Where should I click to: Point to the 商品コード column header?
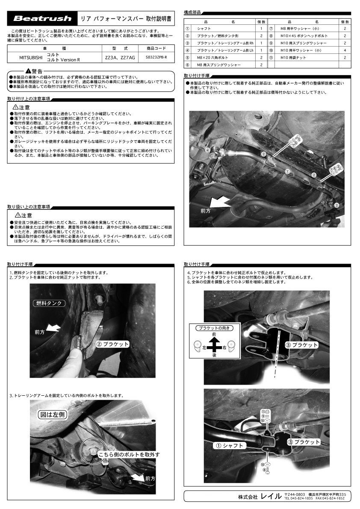[156, 49]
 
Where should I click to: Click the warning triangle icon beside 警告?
[28, 71]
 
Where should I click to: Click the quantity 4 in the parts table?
[345, 50]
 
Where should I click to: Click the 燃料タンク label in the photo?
[49, 303]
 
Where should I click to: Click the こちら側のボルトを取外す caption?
[129, 454]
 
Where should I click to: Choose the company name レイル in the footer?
[271, 497]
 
